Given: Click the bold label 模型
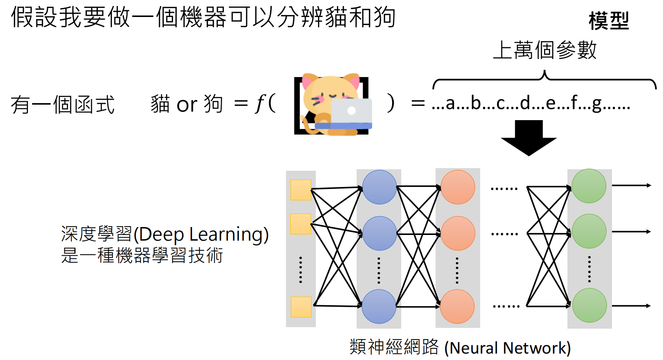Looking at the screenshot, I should (x=609, y=21).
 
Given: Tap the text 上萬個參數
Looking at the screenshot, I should (x=545, y=50).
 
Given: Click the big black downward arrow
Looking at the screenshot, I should (x=529, y=138).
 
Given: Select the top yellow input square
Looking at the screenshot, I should (x=301, y=190).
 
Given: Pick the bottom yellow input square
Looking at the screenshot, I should (x=301, y=307).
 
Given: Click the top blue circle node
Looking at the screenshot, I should (x=379, y=187).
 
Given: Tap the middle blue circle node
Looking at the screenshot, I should (x=379, y=233).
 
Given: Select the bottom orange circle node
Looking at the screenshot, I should (x=457, y=306).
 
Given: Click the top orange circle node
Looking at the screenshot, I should (x=457, y=187).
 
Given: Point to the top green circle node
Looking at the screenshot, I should (x=589, y=186).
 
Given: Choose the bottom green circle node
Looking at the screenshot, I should (x=589, y=305).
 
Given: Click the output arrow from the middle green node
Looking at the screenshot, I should (x=631, y=232).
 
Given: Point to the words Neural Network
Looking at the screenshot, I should (x=507, y=348).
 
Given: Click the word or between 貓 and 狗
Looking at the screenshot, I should (x=187, y=105).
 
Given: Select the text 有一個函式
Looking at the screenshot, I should (x=63, y=105).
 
